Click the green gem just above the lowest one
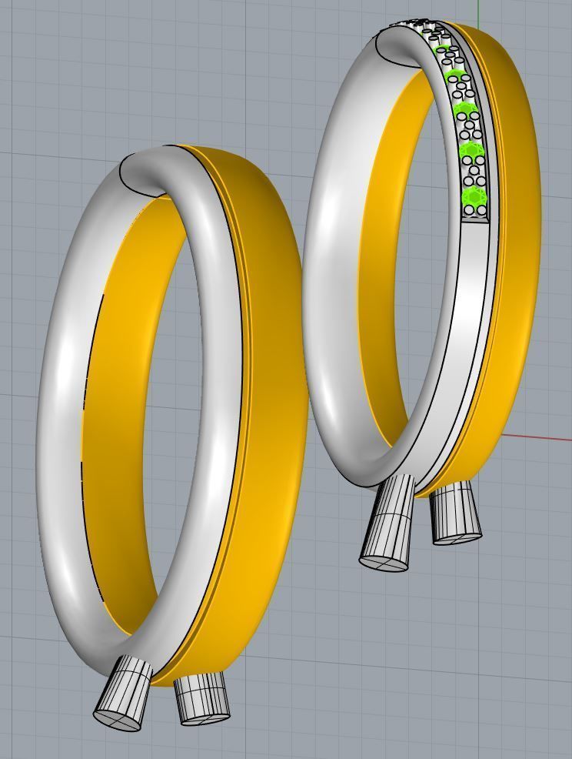(x=468, y=150)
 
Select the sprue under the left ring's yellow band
(x=201, y=698)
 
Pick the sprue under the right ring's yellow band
(x=455, y=515)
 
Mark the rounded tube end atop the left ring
(x=142, y=173)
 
